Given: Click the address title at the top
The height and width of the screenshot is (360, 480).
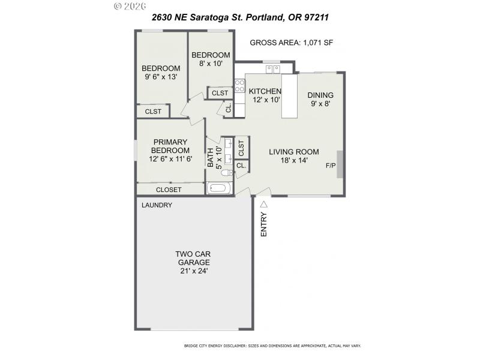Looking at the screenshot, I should tap(240, 17).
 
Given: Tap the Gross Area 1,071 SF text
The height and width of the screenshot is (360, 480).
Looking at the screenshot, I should tap(291, 43).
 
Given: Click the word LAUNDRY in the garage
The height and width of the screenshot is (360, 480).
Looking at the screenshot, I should tap(157, 205).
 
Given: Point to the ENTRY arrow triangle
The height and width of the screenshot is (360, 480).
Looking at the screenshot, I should tap(263, 205).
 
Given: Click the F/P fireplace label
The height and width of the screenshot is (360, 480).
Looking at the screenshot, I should tap(330, 166).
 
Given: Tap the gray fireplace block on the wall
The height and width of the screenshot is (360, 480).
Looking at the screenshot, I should tap(340, 164).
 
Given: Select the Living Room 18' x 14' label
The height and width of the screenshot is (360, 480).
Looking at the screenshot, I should tap(293, 156).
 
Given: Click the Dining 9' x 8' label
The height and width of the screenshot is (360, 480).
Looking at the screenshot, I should tap(320, 99).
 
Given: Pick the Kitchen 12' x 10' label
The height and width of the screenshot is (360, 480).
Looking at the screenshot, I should tap(265, 95).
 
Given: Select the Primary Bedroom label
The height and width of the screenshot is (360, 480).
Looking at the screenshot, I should tap(170, 150).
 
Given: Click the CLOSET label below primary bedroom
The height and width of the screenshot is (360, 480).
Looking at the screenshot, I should tap(169, 190).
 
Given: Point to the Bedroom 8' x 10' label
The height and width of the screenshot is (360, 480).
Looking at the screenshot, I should tap(210, 59).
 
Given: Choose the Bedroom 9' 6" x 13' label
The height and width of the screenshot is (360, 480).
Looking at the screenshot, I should tap(161, 72).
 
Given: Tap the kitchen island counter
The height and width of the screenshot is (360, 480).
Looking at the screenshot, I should tap(289, 96).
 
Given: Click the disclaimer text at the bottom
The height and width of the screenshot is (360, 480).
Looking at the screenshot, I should tap(271, 346).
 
